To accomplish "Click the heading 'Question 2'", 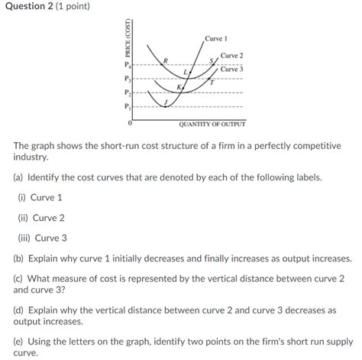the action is pos(31,7).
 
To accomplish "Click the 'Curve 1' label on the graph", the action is pos(216,38).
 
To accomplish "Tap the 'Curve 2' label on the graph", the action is pos(231,56).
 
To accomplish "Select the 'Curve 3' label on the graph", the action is pos(231,69).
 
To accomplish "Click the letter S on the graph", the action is pos(212,60).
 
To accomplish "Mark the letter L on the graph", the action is pos(185,71).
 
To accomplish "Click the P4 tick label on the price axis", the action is pos(128,66).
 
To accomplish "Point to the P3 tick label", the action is pos(128,79).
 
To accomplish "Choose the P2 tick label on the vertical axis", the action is pos(128,92).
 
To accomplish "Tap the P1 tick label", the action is pos(128,106).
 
